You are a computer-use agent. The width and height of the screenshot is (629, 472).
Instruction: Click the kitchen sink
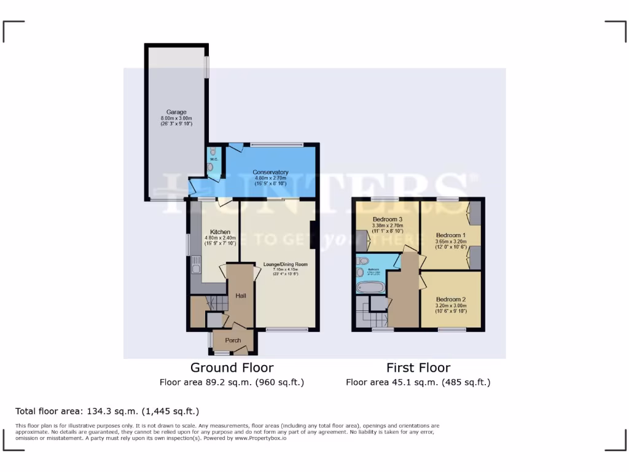196,266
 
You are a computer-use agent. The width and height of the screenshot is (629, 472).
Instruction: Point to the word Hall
241,296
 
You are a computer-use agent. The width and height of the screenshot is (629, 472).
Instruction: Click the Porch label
233,340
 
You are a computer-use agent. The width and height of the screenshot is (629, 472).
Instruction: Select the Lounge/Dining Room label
285,264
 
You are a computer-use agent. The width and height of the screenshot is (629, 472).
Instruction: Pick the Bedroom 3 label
388,219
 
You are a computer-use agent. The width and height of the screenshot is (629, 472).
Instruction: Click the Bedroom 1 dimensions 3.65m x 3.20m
451,242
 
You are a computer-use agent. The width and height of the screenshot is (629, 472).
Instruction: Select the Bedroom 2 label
451,299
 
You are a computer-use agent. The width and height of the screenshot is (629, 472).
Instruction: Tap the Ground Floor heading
232,368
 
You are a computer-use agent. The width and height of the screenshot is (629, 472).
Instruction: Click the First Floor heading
418,368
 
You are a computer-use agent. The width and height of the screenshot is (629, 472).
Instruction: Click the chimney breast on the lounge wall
313,235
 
